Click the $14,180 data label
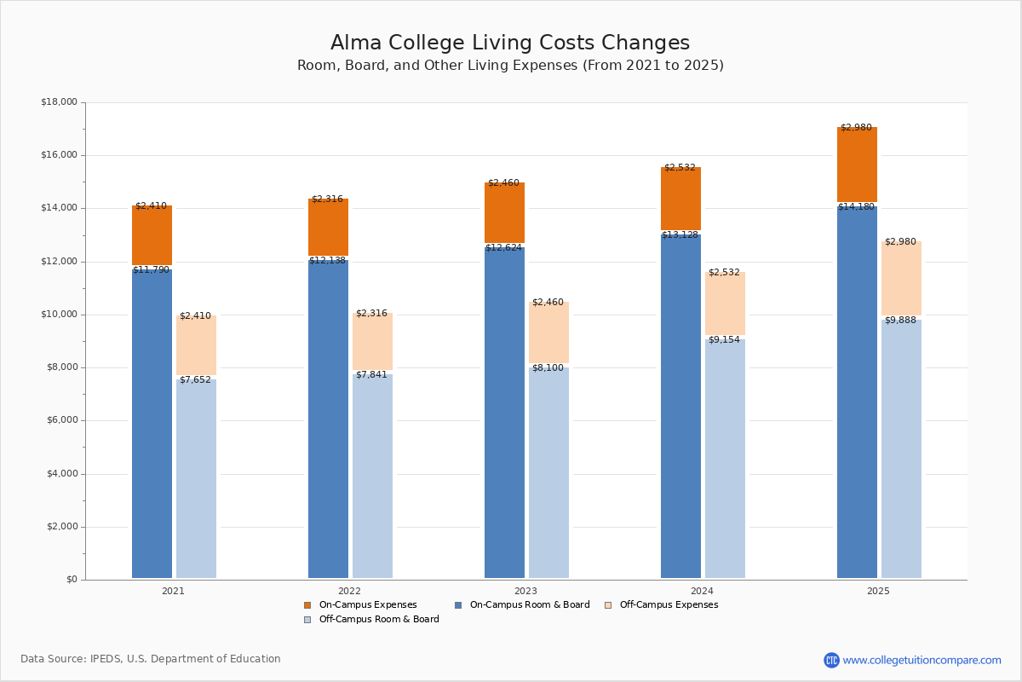point(856,207)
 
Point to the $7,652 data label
point(195,380)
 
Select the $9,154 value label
point(724,340)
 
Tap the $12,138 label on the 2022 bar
point(327,261)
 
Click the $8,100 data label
point(548,368)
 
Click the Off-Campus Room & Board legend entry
point(378,620)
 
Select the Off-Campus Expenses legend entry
point(668,605)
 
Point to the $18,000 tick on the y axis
point(59,102)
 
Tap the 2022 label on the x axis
point(349,591)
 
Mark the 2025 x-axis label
point(878,591)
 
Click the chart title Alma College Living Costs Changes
point(510,43)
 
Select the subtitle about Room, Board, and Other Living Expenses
point(510,66)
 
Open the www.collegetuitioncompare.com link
point(922,660)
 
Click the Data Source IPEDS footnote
point(151,659)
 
